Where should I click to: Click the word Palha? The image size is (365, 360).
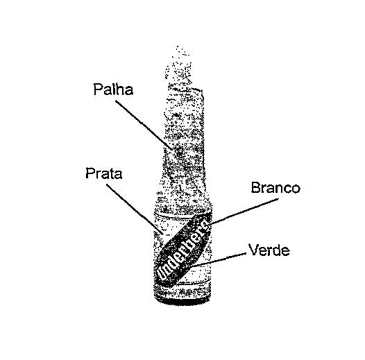113,89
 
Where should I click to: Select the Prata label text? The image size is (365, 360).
104,173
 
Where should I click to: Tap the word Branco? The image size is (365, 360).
275,187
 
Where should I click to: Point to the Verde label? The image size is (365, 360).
269,250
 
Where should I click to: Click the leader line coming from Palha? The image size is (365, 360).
144,125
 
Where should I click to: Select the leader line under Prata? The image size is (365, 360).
135,209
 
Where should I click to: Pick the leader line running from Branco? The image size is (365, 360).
244,212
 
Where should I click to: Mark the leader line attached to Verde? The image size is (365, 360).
219,259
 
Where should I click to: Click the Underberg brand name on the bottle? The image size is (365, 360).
182,250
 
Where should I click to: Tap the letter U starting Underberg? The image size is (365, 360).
162,274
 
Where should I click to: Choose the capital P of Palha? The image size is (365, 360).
98,89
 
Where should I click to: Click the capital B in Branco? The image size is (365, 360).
255,187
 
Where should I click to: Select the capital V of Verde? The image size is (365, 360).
253,250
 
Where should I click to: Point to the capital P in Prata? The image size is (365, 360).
90,173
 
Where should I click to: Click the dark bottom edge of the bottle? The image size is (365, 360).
183,302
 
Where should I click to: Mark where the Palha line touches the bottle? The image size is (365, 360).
173,150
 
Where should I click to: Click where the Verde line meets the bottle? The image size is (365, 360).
193,266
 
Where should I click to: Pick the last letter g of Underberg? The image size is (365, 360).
205,225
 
